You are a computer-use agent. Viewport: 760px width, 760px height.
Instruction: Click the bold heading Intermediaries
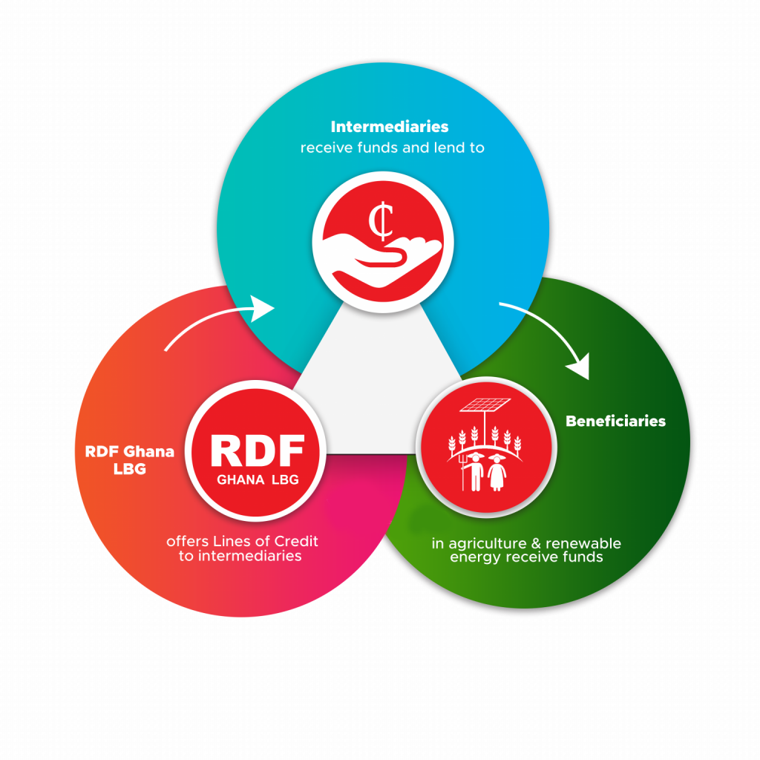coord(390,126)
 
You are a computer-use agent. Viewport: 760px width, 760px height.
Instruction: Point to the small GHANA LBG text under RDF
coord(258,479)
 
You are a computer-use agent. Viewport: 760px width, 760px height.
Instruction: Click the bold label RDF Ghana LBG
coord(129,459)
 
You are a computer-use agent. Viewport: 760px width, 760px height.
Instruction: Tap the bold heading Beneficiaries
coord(615,422)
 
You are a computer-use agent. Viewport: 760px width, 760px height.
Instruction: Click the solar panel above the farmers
coord(486,406)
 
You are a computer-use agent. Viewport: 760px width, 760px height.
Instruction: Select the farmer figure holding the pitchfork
coord(474,471)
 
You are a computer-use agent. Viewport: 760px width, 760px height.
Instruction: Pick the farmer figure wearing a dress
coord(497,472)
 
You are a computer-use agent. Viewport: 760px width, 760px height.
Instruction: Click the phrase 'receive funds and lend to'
coord(392,148)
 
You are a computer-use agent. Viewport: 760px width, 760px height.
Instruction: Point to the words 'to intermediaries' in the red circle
coord(240,555)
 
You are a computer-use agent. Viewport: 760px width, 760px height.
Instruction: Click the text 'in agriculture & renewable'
coord(526,543)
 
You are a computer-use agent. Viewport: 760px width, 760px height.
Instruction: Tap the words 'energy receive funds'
coord(526,557)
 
